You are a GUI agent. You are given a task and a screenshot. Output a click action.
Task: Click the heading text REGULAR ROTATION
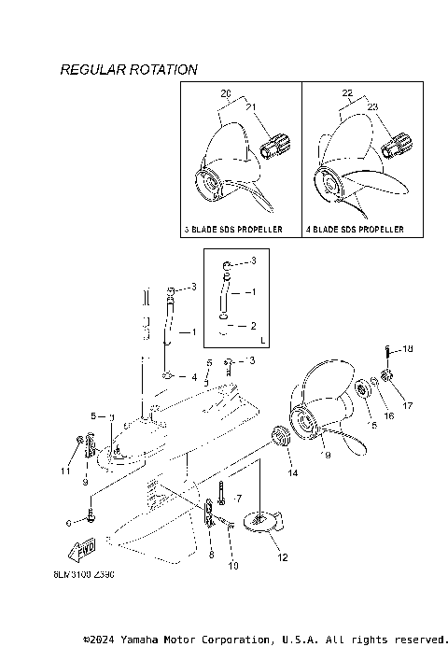(x=128, y=70)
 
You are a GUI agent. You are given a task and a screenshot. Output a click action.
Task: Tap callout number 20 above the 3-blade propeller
(x=225, y=94)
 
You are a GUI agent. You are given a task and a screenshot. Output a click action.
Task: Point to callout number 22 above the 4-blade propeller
(x=347, y=94)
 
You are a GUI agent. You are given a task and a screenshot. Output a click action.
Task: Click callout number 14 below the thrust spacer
(x=293, y=474)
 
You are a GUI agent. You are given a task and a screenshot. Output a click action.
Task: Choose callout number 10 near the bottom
(x=233, y=566)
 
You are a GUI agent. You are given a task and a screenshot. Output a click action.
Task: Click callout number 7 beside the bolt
(x=239, y=499)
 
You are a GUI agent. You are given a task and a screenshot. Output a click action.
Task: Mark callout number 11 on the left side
(x=66, y=471)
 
